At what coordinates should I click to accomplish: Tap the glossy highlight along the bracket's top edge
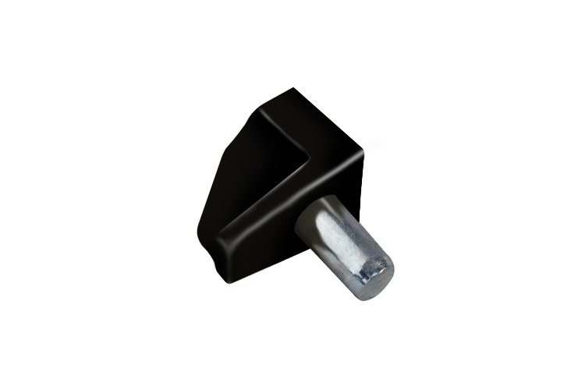tap(328, 117)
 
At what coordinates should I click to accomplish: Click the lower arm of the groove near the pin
tap(265, 207)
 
